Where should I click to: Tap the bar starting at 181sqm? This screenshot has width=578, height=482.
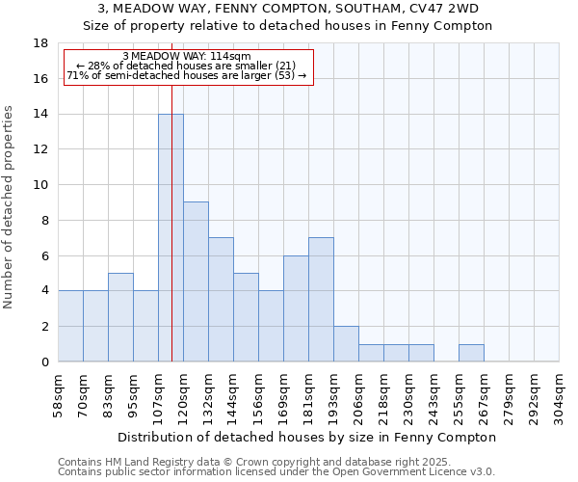click(321, 299)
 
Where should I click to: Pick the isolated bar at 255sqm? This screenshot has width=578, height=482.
click(471, 353)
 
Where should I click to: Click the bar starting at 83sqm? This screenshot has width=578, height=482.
click(120, 317)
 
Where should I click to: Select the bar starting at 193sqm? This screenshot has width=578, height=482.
click(346, 344)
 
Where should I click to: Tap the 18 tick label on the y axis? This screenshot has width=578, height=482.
click(40, 43)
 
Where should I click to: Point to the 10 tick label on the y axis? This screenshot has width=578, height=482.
click(40, 185)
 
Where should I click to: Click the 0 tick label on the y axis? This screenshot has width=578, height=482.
click(44, 362)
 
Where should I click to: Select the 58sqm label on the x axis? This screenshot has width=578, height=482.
click(59, 390)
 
